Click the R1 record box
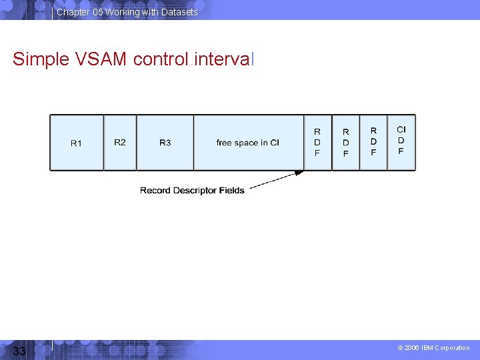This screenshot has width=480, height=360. pos(77,143)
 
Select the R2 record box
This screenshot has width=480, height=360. pos(120,143)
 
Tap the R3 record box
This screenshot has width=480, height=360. pos(165,143)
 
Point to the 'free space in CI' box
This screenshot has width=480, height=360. pos(248,143)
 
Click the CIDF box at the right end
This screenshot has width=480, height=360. pos(401,142)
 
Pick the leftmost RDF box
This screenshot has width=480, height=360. pos(317,143)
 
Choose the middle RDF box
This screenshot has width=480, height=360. pos(345,143)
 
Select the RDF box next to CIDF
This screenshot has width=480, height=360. pos(373,143)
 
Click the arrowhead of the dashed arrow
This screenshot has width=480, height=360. pos(299,173)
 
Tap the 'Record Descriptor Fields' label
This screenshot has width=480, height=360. pos(192,191)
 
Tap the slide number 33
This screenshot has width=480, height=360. pos(19,351)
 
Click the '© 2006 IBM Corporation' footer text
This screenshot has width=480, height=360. pos(433,348)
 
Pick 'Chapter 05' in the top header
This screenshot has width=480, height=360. pos(79,12)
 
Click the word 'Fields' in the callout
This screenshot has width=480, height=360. pos(232,191)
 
